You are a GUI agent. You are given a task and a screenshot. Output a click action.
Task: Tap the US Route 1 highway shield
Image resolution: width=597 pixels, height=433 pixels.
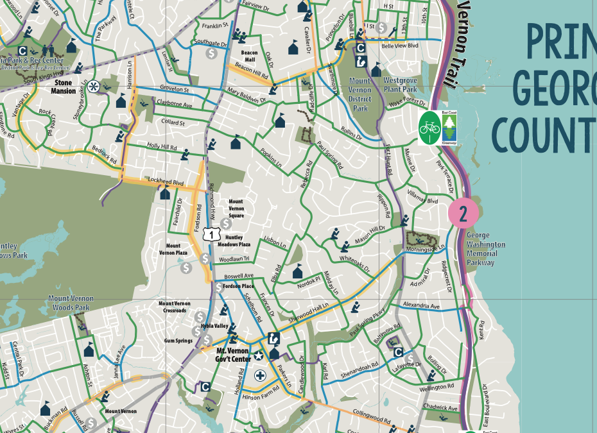(209, 235)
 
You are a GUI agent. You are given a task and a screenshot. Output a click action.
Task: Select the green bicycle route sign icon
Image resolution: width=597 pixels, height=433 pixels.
(428, 126)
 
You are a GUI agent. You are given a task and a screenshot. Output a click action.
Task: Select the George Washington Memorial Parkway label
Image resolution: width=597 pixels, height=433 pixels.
(486, 249)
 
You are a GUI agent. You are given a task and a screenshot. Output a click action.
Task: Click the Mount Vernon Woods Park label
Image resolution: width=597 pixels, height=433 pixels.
(71, 303)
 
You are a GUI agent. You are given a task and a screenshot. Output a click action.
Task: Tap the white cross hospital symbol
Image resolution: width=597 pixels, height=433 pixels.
(260, 375)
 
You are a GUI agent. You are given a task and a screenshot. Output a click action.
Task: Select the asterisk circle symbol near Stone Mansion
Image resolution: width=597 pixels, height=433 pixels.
(94, 87)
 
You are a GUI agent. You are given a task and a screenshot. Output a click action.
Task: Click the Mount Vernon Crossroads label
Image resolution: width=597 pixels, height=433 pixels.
(174, 307)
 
